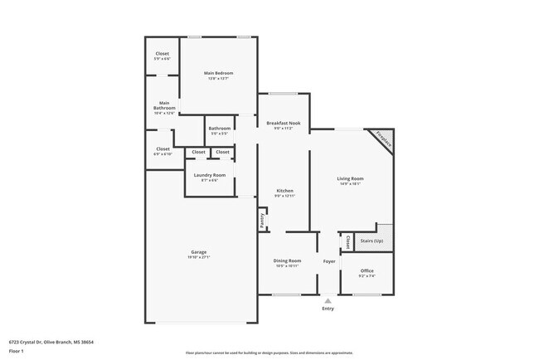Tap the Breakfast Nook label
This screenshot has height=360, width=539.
tap(283, 124)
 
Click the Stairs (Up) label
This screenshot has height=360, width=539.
tap(371, 241)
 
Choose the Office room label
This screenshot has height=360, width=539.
tap(367, 270)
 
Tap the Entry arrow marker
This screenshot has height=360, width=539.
tap(328, 300)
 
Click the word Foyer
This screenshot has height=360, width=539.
tap(328, 260)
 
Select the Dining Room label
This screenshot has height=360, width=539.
tap(287, 260)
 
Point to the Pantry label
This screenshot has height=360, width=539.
tap(262, 221)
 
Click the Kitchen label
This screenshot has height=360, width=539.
tap(284, 191)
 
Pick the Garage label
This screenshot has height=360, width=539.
tap(199, 252)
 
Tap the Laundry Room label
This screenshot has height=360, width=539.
tap(209, 175)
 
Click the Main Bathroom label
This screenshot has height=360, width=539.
tap(163, 106)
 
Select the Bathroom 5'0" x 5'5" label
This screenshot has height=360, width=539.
tap(220, 129)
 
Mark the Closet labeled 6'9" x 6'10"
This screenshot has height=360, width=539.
tap(163, 149)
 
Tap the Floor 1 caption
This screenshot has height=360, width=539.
tap(17, 351)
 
